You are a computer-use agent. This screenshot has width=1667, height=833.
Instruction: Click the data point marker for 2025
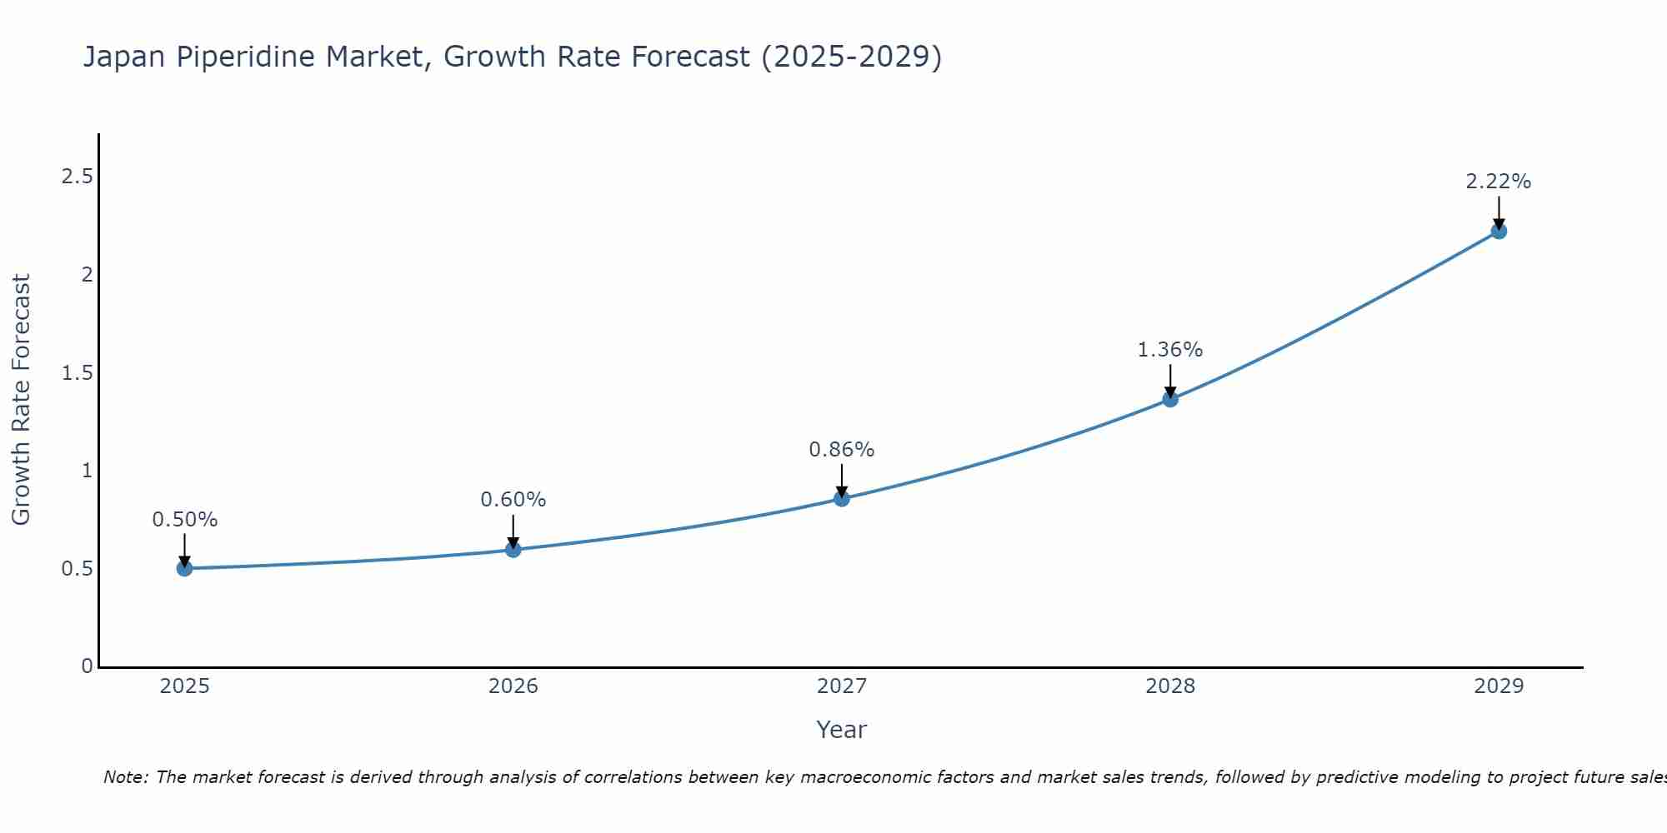[x=184, y=569]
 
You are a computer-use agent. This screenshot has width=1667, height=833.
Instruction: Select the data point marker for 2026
[x=513, y=550]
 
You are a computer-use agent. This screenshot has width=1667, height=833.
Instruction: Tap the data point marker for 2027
[x=842, y=499]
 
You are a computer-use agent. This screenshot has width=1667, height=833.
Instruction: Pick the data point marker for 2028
[x=1170, y=399]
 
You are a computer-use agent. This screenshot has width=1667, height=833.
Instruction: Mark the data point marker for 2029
[x=1499, y=232]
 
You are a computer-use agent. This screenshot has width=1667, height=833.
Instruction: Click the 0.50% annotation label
[x=184, y=520]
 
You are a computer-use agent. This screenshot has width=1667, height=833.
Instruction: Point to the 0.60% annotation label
[x=513, y=500]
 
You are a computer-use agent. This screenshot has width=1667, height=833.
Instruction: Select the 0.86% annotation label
[x=842, y=450]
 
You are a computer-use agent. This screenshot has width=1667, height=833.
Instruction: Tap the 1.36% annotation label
[x=1170, y=350]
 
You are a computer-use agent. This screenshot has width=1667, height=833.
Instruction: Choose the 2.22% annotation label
[x=1499, y=182]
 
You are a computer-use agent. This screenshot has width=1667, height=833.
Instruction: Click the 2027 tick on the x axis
[x=842, y=686]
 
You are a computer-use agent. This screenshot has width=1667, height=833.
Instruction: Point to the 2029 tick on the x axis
[x=1499, y=686]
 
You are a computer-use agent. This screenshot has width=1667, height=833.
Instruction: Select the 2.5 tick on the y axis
[x=77, y=177]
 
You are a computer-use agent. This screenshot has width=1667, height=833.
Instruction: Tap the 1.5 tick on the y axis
[x=77, y=373]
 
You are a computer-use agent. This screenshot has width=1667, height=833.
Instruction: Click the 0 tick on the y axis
[x=88, y=666]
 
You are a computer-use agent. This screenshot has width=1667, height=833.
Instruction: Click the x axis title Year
[x=842, y=730]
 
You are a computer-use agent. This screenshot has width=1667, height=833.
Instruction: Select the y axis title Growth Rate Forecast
[x=21, y=400]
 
